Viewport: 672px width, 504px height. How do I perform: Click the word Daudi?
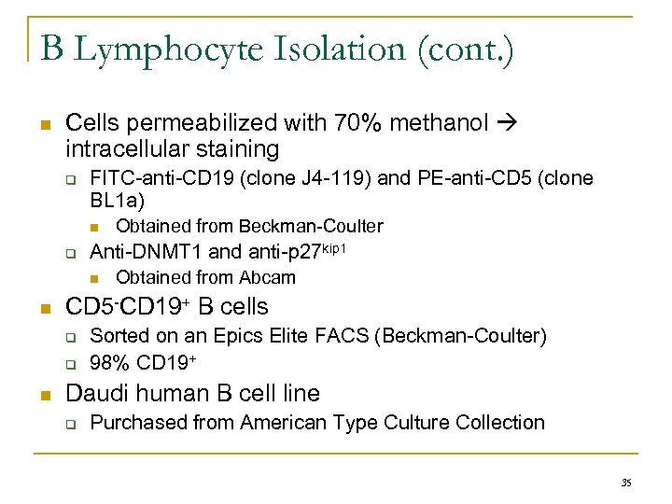pyautogui.click(x=95, y=393)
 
